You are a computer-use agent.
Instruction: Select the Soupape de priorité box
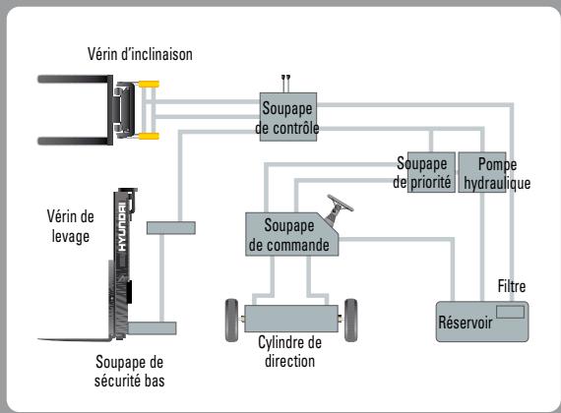pos(424,173)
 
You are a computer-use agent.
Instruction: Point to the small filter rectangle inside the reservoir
pos(509,312)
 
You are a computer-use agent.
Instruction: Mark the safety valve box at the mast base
pos(153,327)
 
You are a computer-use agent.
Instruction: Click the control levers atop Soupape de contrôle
pos(286,77)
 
